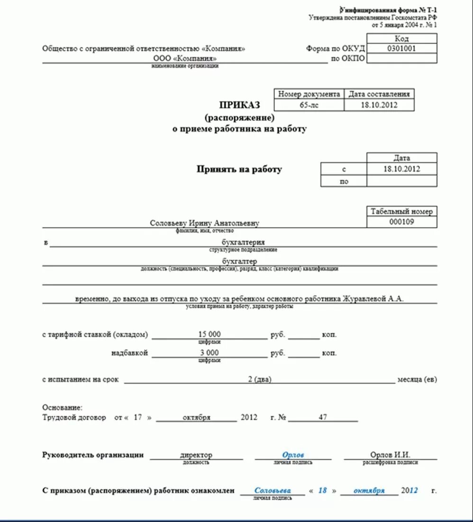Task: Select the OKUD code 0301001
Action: [x=402, y=48]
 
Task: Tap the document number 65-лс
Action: [x=309, y=105]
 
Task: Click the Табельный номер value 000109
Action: [x=402, y=222]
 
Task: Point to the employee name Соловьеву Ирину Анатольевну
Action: [x=204, y=223]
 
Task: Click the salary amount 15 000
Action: [x=209, y=334]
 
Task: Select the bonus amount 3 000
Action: [x=209, y=353]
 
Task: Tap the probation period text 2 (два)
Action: [x=259, y=380]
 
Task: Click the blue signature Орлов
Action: [x=293, y=455]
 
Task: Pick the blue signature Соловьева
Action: [x=273, y=491]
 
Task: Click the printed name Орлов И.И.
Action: [x=390, y=455]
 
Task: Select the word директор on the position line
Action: [x=196, y=455]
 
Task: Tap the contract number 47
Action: [x=323, y=417]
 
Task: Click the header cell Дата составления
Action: [x=379, y=94]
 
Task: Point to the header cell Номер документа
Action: [x=309, y=94]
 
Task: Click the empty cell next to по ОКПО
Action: [x=402, y=58]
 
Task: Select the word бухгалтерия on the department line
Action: [x=243, y=242]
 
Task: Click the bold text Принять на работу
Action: [x=239, y=169]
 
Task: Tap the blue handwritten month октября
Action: [x=369, y=491]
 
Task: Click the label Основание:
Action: [x=62, y=407]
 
